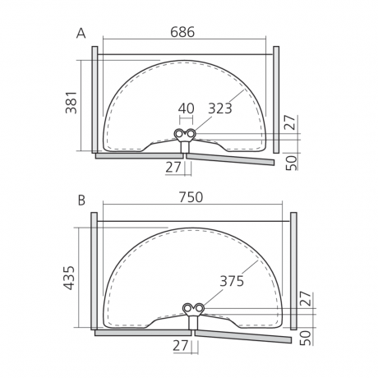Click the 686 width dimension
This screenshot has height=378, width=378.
coord(182,32)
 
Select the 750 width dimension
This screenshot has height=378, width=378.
coord(191,197)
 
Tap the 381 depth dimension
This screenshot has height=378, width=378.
coord(71,102)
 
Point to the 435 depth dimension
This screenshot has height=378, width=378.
coord(69,278)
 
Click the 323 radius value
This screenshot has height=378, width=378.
coord(220,108)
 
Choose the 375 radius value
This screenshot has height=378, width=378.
coord(232,281)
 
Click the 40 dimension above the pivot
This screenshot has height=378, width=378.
coord(187,108)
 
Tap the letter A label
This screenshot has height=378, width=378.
coord(81,34)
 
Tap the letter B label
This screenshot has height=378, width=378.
coord(81,201)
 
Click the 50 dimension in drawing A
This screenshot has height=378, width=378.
coord(291,163)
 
